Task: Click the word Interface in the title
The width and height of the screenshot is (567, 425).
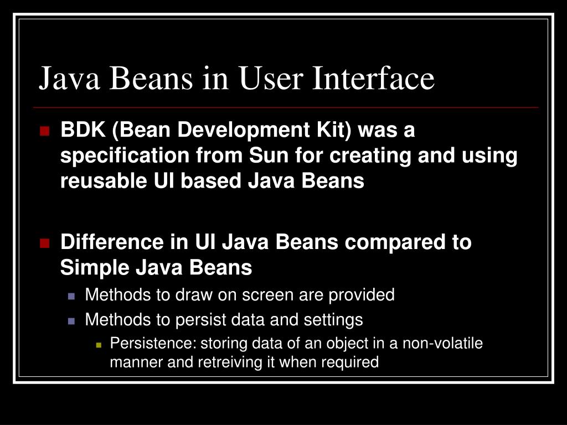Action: [x=374, y=78]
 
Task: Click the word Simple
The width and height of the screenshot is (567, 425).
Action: [x=92, y=268]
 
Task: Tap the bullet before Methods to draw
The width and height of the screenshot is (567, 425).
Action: [x=71, y=296]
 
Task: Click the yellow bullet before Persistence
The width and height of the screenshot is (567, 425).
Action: [x=99, y=344]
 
